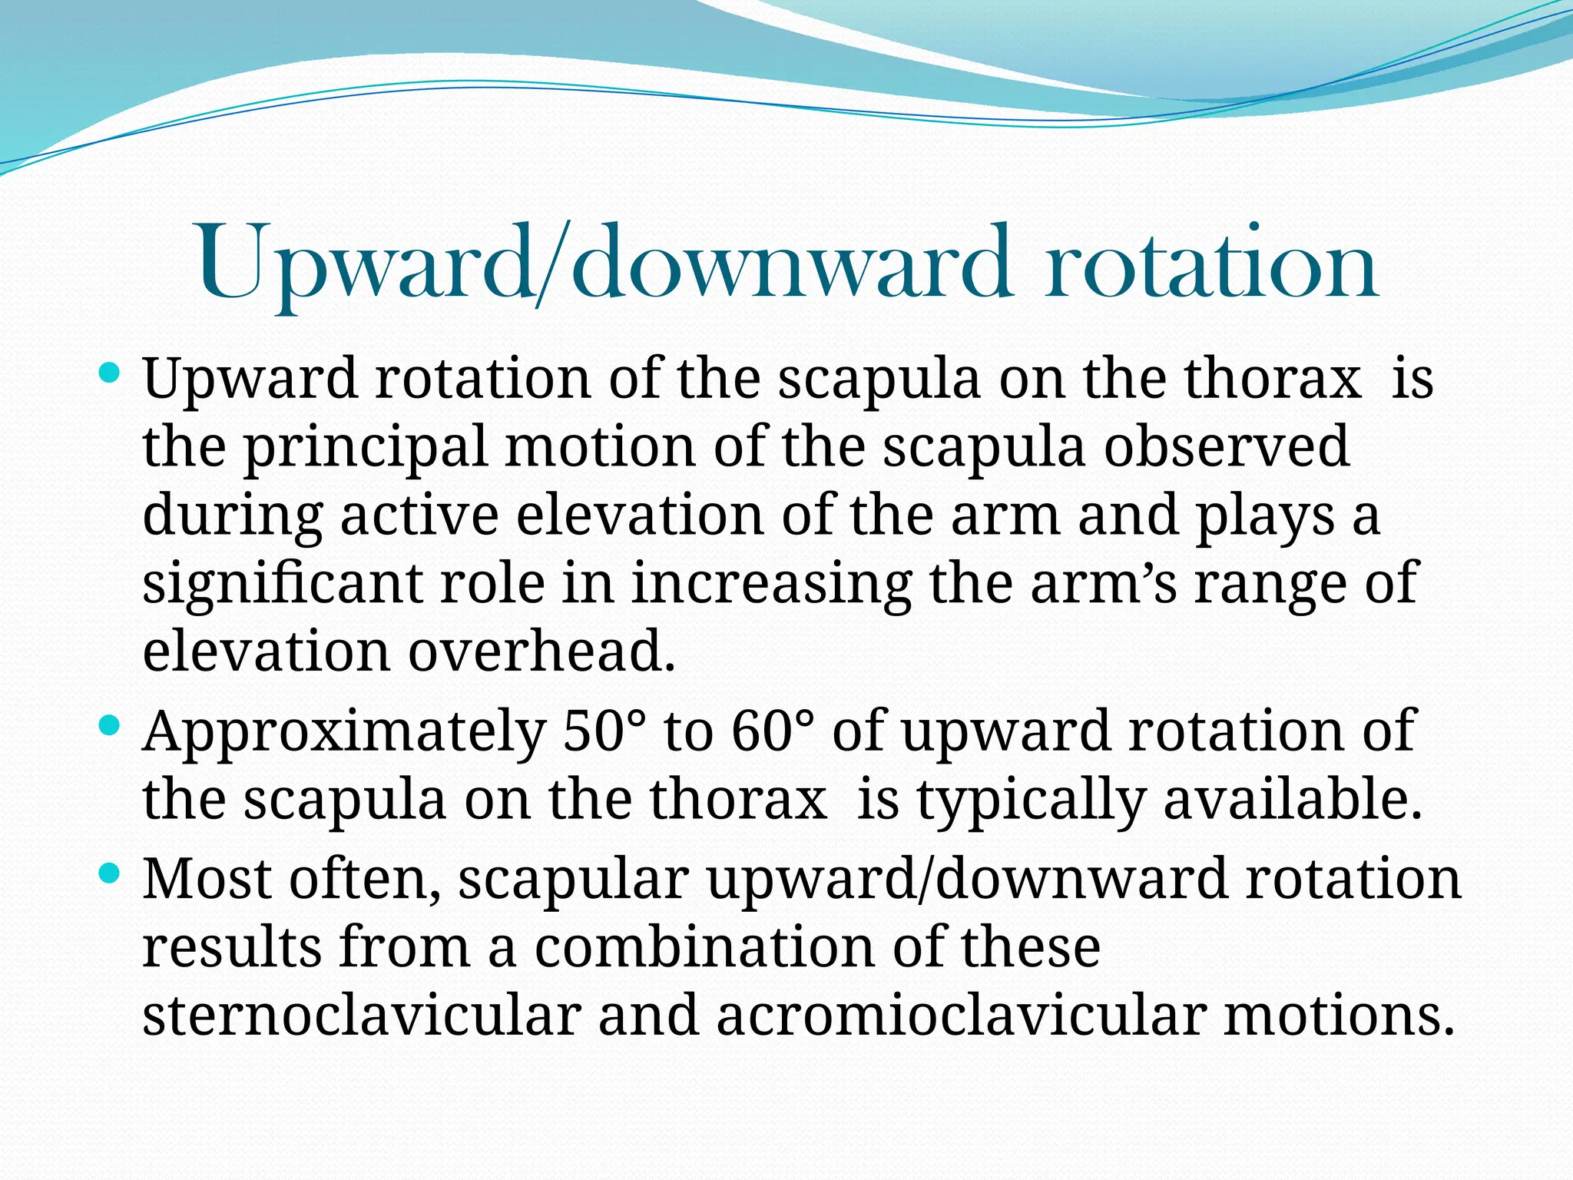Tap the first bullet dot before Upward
111,375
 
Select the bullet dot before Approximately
111,724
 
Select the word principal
366,449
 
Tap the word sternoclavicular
360,1015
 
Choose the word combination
704,946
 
